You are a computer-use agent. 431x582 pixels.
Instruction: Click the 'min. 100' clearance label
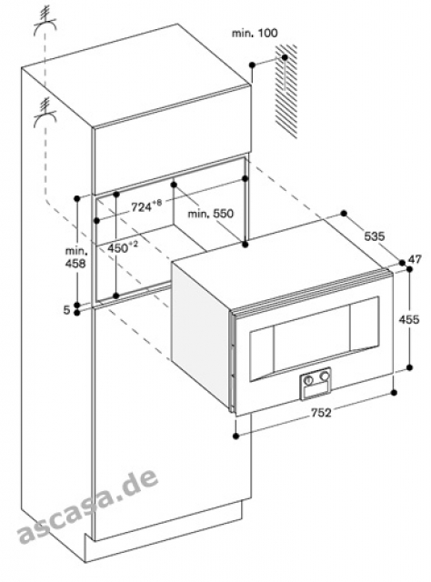coord(255,33)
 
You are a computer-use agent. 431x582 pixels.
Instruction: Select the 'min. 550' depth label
coord(210,214)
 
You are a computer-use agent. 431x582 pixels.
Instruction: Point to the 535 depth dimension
coord(375,236)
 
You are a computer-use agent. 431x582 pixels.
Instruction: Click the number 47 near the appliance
coord(415,259)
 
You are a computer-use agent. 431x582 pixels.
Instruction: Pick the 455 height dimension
coord(409,319)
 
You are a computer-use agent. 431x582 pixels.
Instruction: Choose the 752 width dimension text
coord(320,412)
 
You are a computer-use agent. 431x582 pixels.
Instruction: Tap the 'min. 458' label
coord(75,257)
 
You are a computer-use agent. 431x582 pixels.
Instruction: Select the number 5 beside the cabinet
coord(66,310)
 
